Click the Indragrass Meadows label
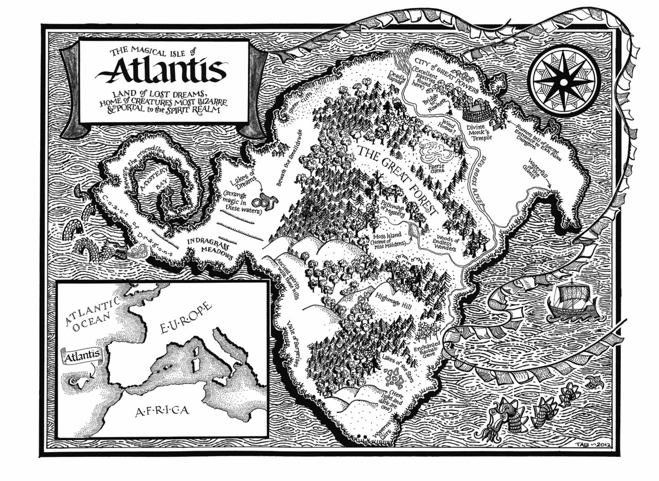[210, 248]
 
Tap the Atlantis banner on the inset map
[81, 355]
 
